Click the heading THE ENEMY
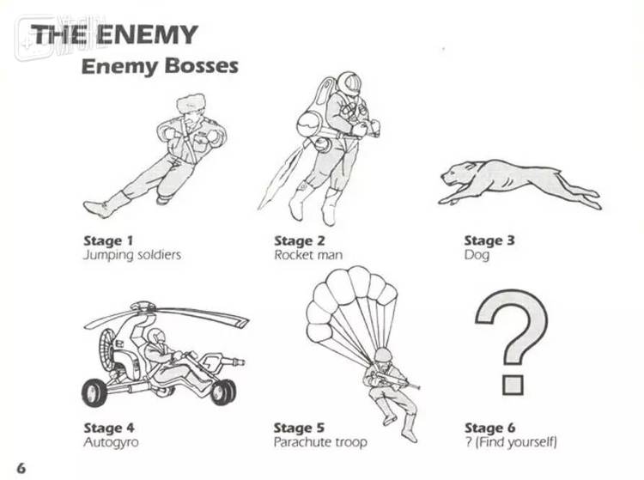[x=114, y=34]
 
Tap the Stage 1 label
[x=108, y=240]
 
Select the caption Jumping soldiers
[x=132, y=255]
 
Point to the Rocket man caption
[x=308, y=255]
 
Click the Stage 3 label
[x=489, y=240]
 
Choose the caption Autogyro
[x=111, y=442]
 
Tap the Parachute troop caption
[x=320, y=442]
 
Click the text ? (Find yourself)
[x=511, y=442]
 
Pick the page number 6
[x=21, y=468]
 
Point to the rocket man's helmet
[x=349, y=83]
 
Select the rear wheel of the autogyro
[x=94, y=393]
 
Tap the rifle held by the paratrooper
[x=394, y=380]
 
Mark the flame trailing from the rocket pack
[x=279, y=179]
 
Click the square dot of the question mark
[x=513, y=385]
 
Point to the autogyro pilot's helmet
[x=156, y=336]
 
